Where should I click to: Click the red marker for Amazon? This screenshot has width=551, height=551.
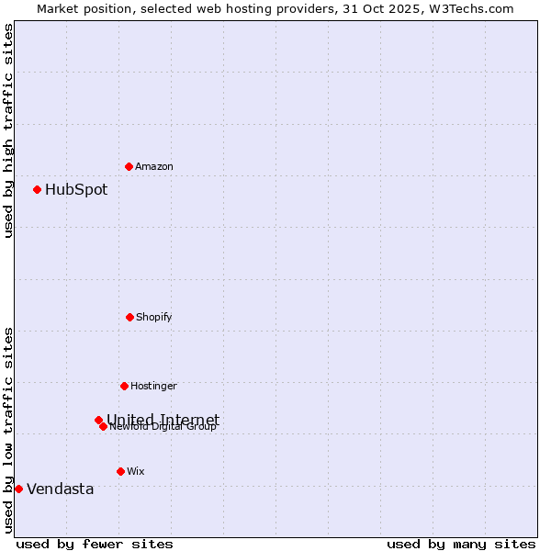(129, 166)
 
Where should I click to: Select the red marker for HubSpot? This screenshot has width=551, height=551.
(37, 189)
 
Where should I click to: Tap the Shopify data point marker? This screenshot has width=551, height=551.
(129, 317)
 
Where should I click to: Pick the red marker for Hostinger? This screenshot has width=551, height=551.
(124, 386)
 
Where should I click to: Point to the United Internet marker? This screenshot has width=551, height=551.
(98, 420)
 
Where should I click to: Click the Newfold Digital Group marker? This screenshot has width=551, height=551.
(103, 426)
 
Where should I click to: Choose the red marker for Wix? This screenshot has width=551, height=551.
(120, 471)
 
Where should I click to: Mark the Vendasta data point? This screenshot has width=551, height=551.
(18, 489)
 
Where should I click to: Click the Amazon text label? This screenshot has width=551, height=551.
(154, 166)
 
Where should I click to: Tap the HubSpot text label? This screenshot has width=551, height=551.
(76, 190)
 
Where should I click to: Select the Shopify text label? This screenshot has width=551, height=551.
(154, 317)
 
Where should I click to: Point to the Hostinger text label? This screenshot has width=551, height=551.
(153, 386)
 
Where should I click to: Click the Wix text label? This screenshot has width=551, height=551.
(136, 471)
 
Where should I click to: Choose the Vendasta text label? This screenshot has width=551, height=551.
(61, 489)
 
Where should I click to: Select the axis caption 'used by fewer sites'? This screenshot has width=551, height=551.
(95, 544)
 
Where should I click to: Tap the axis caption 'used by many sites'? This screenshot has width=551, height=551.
(461, 544)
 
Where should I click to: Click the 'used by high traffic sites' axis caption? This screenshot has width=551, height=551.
(8, 130)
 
